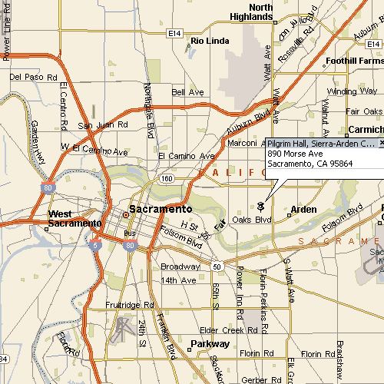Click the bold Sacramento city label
pyautogui.click(x=161, y=209)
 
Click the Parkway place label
pyautogui.click(x=210, y=343)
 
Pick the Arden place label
pyautogui.click(x=303, y=209)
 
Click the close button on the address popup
pyautogui.click(x=381, y=144)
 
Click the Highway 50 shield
pyautogui.click(x=217, y=266)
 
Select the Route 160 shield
pyautogui.click(x=167, y=178)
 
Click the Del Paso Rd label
pyautogui.click(x=34, y=78)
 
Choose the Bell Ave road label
pyautogui.click(x=187, y=92)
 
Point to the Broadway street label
pyautogui.click(x=180, y=266)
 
